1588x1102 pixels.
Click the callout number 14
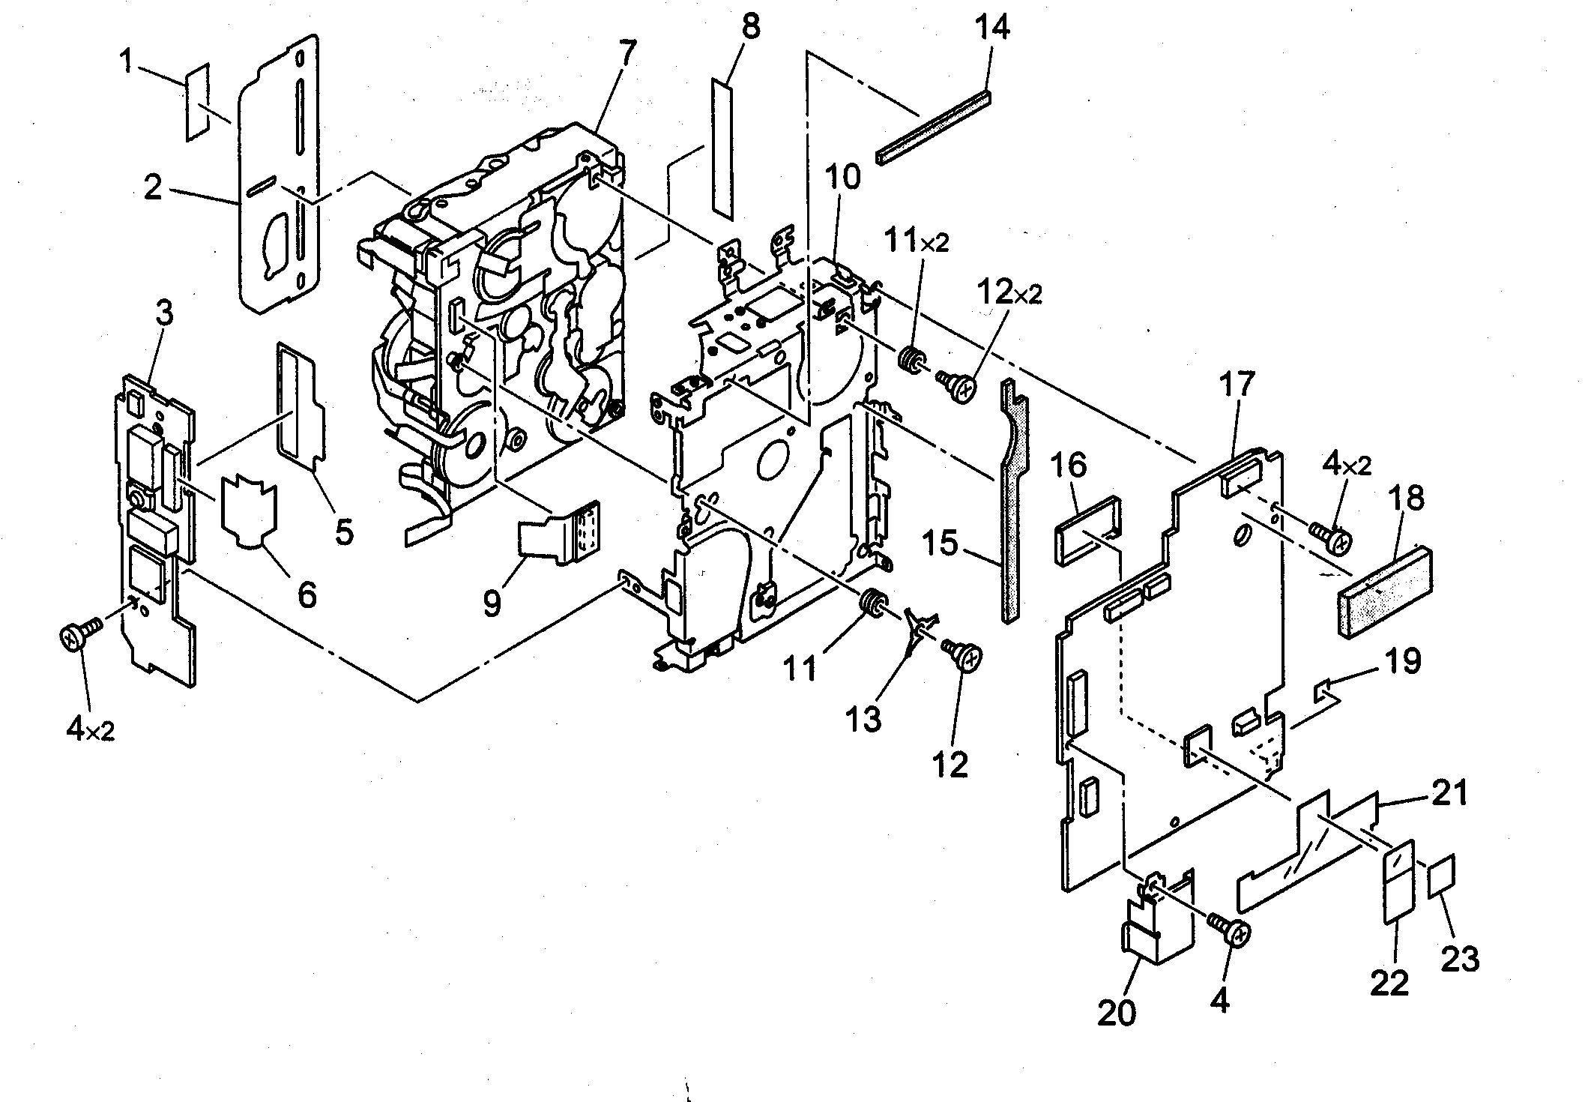992,27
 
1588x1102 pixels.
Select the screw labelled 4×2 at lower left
74,637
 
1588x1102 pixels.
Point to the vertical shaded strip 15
1011,510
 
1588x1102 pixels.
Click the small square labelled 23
1441,874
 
